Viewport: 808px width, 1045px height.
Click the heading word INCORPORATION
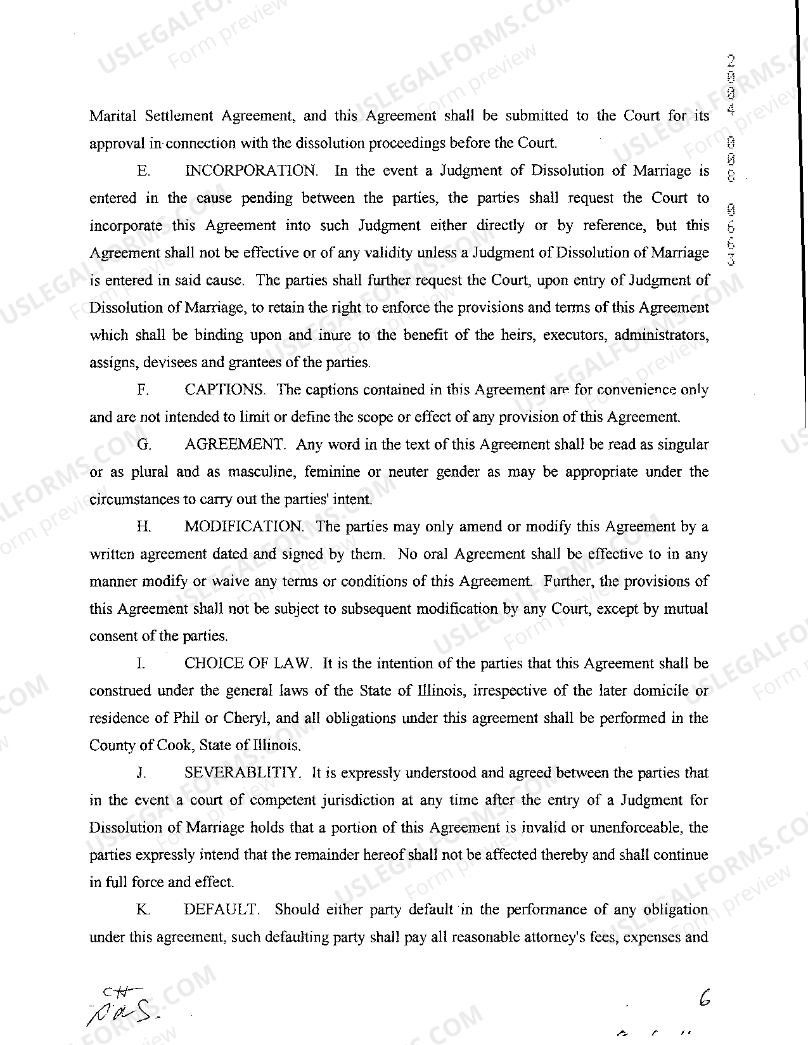pos(252,171)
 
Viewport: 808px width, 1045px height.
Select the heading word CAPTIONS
pos(225,390)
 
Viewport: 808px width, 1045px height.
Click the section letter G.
pos(144,445)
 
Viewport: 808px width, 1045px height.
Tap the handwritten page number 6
pos(704,999)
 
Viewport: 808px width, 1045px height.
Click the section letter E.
pos(143,171)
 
